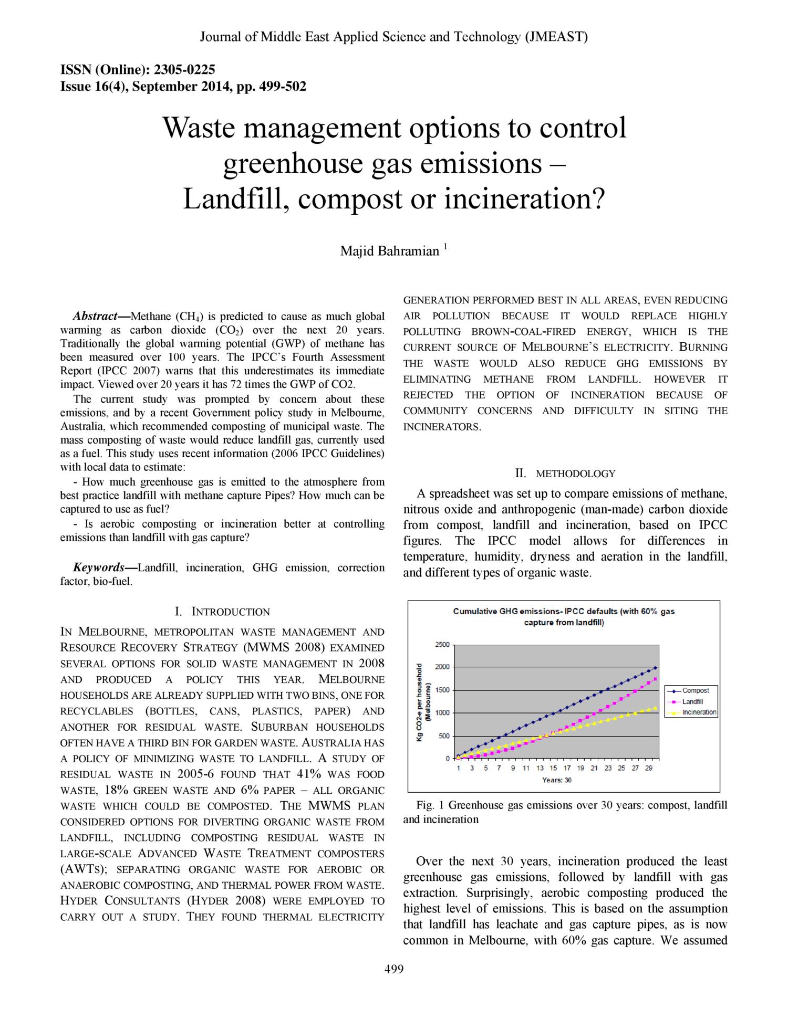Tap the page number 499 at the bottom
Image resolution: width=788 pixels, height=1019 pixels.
coord(393,969)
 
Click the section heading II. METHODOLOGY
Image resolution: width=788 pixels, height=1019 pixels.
coord(565,474)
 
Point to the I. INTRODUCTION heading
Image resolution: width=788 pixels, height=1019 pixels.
coord(222,612)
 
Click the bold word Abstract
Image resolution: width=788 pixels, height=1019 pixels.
coord(95,316)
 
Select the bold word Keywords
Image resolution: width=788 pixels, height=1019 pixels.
coord(98,568)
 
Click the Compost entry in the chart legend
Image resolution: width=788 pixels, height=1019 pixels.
coord(695,691)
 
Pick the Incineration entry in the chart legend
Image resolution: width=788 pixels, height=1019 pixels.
coord(699,712)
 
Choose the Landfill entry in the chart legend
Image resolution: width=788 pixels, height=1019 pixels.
coord(692,702)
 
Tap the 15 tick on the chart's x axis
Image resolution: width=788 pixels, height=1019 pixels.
coord(553,768)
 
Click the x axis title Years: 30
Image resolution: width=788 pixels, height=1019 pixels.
coord(557,780)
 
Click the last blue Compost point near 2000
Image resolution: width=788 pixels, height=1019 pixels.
coord(655,668)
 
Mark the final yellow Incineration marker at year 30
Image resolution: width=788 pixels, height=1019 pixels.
coord(655,708)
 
